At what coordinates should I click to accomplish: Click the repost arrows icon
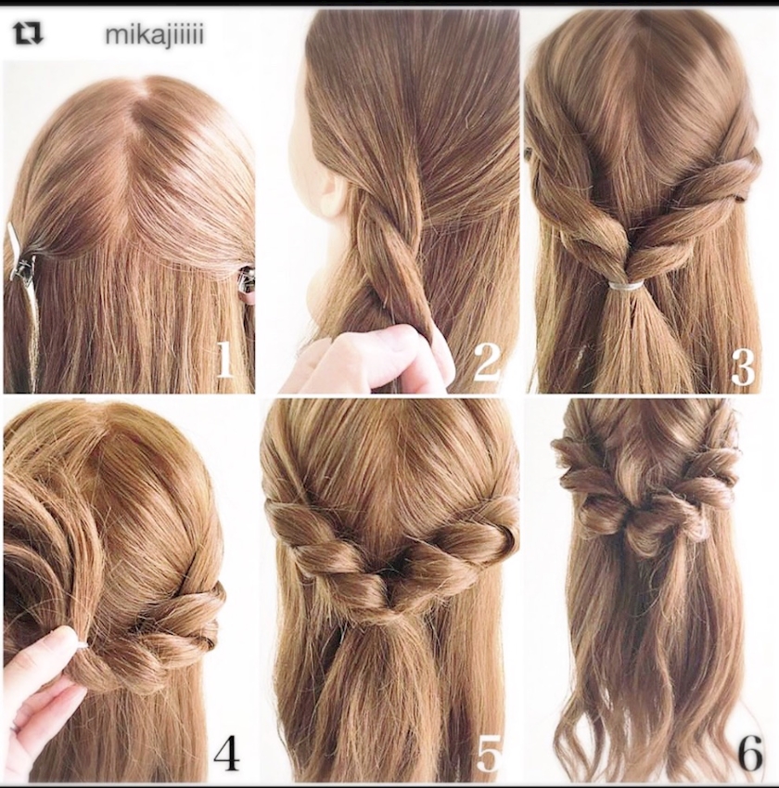pos(28,33)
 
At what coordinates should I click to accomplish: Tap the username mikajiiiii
pos(154,35)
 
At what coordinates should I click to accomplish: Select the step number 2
pos(486,360)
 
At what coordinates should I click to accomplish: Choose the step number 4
pos(226,754)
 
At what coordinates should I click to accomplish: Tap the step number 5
pos(488,753)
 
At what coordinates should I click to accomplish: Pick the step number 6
pos(750,753)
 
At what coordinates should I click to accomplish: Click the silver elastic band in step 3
pos(626,286)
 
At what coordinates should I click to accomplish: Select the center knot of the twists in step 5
pos(386,579)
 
